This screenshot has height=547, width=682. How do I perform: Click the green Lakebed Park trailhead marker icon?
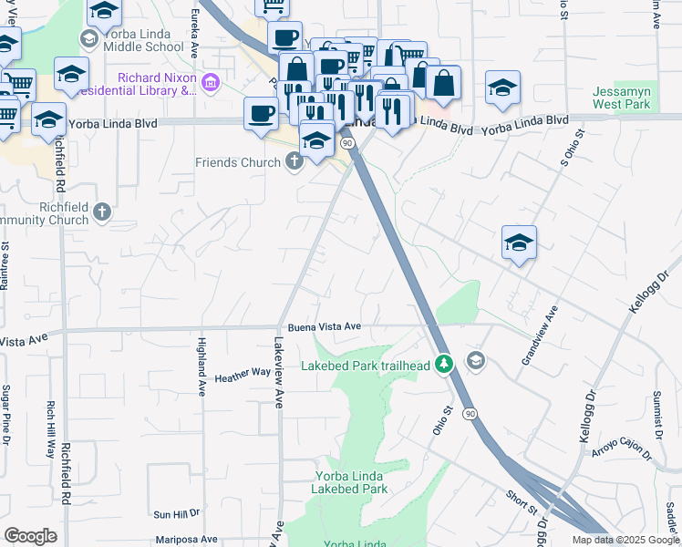click(444, 364)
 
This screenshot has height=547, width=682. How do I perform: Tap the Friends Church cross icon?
click(294, 162)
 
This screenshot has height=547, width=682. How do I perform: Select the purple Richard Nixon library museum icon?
click(212, 84)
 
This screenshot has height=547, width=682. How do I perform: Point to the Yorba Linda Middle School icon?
click(89, 38)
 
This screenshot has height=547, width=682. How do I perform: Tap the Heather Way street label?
click(243, 374)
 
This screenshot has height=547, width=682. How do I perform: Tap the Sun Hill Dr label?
click(176, 514)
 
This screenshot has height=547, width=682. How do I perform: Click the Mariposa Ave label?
click(186, 539)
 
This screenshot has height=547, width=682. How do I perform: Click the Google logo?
click(30, 536)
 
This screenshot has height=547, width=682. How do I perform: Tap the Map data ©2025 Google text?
click(625, 540)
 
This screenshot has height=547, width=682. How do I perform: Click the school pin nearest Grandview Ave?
click(519, 243)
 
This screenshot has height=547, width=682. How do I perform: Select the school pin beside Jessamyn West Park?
click(502, 88)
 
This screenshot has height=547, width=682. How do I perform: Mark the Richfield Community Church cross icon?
click(101, 212)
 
